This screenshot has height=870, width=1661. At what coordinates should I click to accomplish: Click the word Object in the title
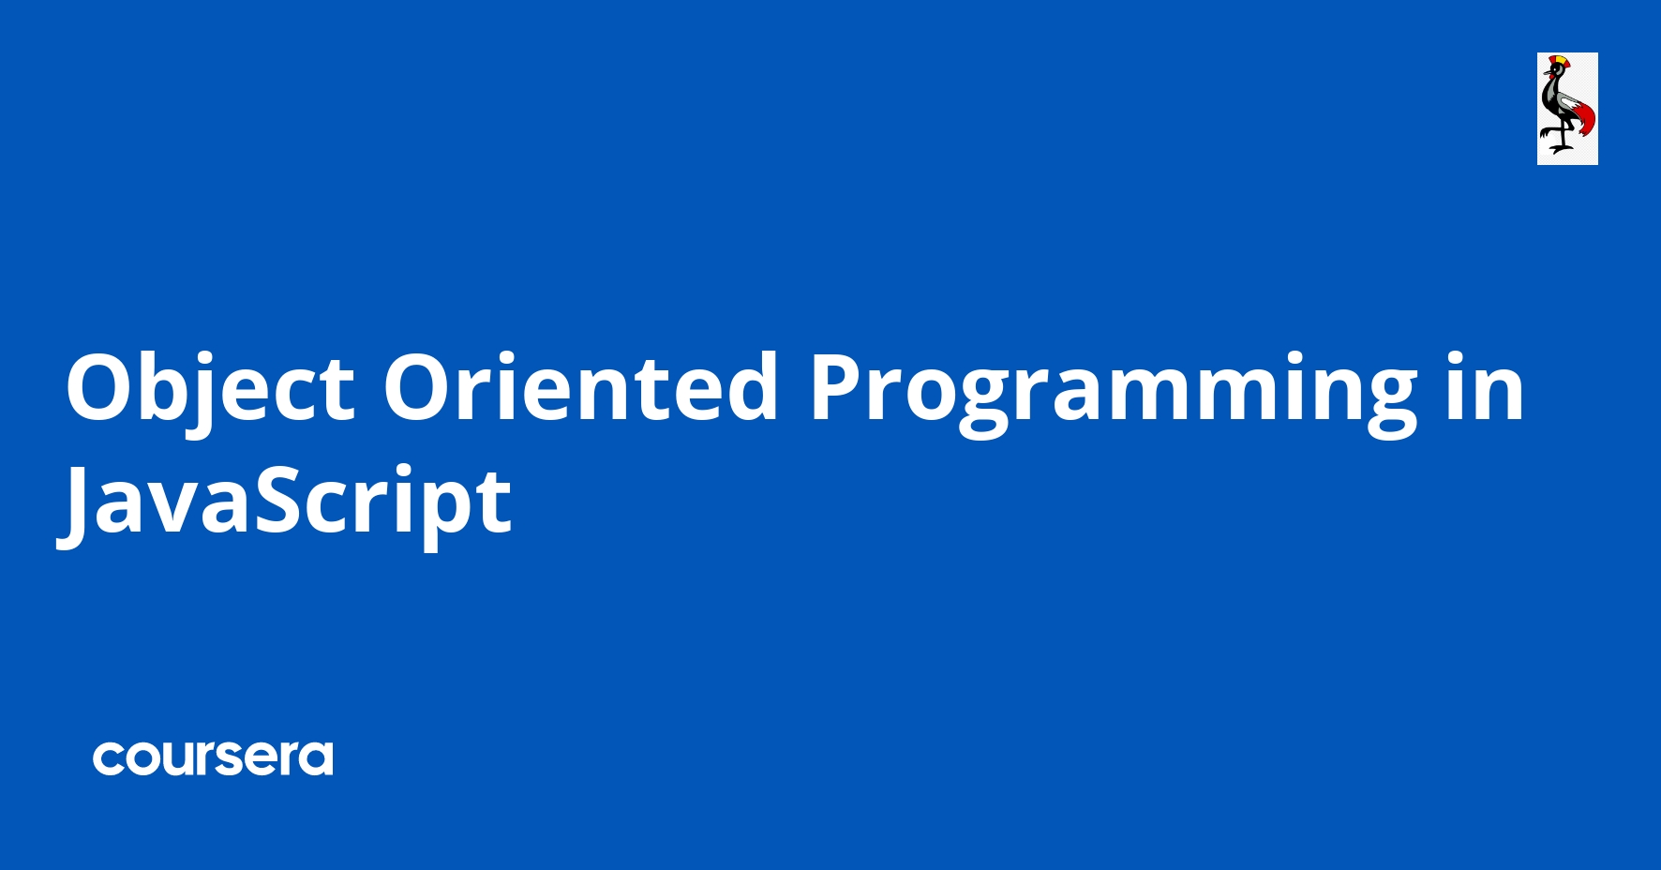point(209,387)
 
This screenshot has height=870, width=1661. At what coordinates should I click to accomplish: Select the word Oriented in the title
point(580,387)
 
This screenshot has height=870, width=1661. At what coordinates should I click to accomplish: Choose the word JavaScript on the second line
point(286,502)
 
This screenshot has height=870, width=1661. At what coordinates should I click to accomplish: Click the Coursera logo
point(213,757)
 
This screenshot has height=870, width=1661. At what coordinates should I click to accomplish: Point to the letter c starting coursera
point(109,758)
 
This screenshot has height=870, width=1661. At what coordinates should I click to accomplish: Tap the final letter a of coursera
point(315,758)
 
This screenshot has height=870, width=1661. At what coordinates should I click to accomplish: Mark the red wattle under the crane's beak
point(1551,76)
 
